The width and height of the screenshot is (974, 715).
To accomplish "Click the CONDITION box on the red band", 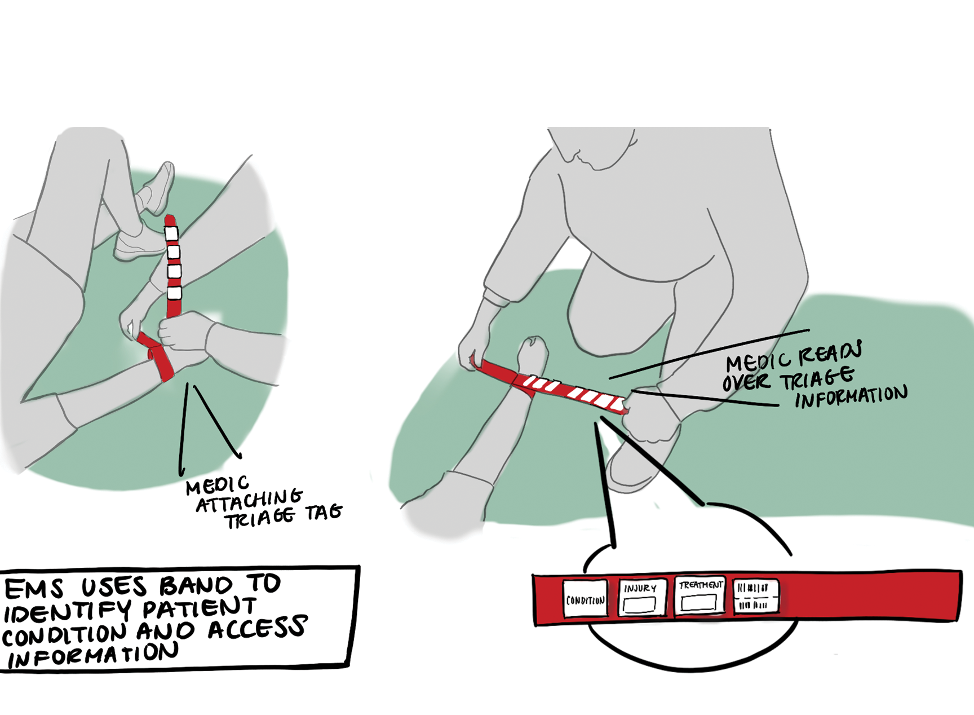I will pyautogui.click(x=586, y=598).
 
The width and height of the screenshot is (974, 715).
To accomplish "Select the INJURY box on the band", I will pyautogui.click(x=641, y=597).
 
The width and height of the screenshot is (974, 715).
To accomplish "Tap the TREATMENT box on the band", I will pyautogui.click(x=699, y=595).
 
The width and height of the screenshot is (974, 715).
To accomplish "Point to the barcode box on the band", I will pyautogui.click(x=755, y=595).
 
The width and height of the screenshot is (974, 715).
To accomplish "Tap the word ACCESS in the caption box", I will pyautogui.click(x=258, y=628).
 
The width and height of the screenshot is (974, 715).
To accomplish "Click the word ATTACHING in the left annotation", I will pyautogui.click(x=249, y=500).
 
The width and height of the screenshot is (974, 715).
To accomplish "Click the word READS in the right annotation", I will pyautogui.click(x=830, y=354).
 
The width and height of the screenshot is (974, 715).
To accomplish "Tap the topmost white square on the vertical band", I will pyautogui.click(x=171, y=233).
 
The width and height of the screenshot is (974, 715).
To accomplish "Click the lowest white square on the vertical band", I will pyautogui.click(x=174, y=293).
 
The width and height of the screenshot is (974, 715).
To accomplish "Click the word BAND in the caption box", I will pyautogui.click(x=196, y=585).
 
